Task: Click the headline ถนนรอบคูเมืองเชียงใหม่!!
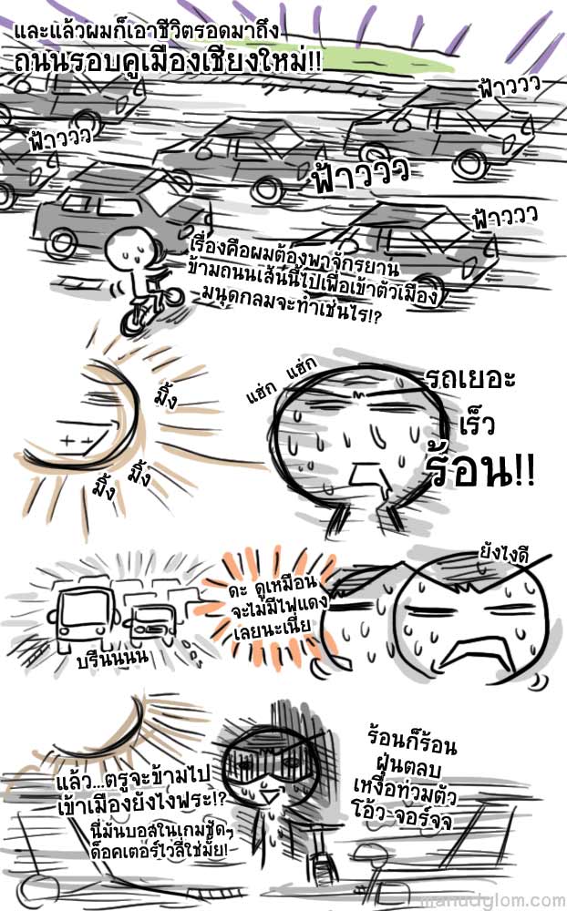click(x=167, y=62)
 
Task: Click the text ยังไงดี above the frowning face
click(x=503, y=556)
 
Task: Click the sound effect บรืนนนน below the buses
click(x=113, y=657)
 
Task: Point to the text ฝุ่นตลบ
click(x=408, y=767)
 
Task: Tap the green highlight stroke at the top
click(x=381, y=60)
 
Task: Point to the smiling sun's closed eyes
click(x=73, y=442)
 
